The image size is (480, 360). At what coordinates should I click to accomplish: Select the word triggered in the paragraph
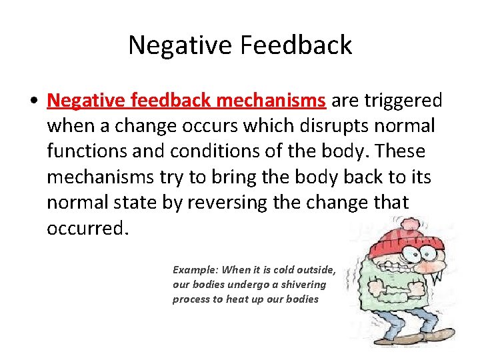(405, 101)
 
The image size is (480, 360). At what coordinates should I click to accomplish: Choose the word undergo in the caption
(244, 285)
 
